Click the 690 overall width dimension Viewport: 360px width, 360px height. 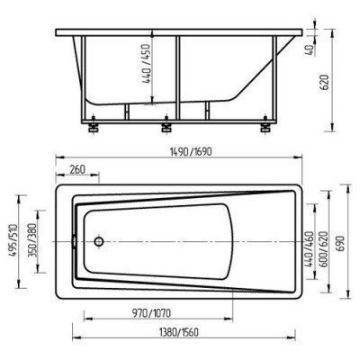(x=340, y=241)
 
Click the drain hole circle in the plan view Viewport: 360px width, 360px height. (x=101, y=241)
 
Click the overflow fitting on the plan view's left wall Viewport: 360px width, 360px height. (x=71, y=241)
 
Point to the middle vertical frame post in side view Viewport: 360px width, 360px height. (x=177, y=76)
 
